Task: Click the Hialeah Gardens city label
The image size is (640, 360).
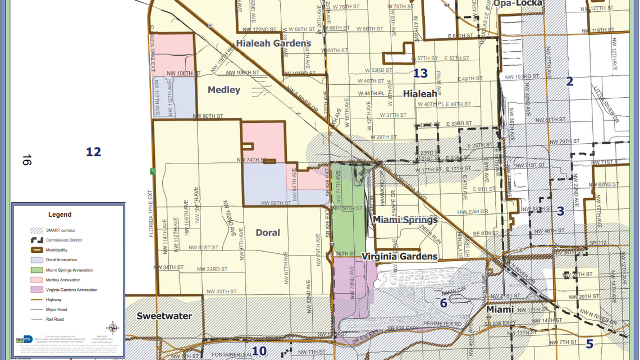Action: [x=273, y=43]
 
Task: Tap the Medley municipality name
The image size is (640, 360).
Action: [x=223, y=90]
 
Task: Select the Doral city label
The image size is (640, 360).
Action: [x=268, y=233]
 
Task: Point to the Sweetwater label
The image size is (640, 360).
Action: [x=164, y=316]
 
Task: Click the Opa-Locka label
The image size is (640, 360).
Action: [x=518, y=3]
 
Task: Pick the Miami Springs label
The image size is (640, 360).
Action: [x=405, y=220]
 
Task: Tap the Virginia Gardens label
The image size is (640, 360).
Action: [x=399, y=257]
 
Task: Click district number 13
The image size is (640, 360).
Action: [x=420, y=73]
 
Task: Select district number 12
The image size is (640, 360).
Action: [x=93, y=152]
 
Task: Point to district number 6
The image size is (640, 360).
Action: [x=443, y=303]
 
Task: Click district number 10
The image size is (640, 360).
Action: [x=259, y=352]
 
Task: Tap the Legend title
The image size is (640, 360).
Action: [x=60, y=215]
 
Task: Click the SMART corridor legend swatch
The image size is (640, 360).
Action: [x=37, y=230]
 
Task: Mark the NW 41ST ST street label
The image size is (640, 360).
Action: [x=203, y=247]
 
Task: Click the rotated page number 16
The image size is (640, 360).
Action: [x=26, y=160]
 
